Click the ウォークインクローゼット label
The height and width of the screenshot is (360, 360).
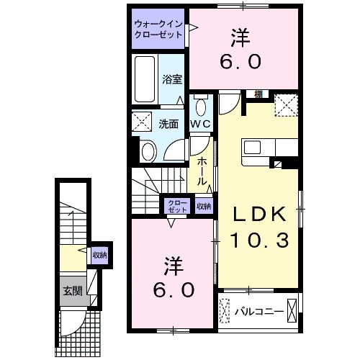158,30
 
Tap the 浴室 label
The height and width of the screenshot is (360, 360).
172,80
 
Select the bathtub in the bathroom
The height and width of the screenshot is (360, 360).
145,79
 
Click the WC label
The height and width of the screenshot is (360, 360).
200,124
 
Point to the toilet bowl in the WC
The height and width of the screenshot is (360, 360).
202,107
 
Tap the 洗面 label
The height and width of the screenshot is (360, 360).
168,124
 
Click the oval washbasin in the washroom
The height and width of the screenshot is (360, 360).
149,152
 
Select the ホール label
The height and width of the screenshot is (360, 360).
202,171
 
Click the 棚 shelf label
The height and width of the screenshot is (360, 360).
258,94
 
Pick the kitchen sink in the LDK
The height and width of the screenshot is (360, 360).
252,147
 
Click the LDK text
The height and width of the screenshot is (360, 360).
260,214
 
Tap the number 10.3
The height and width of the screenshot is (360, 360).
259,240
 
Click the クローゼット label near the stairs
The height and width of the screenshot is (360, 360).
177,206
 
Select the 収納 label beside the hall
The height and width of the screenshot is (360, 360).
204,206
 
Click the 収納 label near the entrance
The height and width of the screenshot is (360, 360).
99,255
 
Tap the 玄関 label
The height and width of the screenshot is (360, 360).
73,291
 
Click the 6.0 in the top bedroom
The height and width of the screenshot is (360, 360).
240,61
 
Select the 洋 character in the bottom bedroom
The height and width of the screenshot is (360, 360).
174,266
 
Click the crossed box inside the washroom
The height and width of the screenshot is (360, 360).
142,121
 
